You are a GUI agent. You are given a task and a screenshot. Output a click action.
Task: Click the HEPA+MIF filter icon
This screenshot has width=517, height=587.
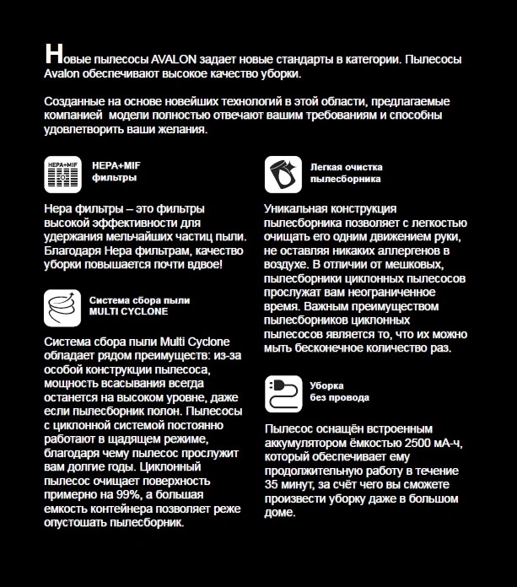[x=62, y=174]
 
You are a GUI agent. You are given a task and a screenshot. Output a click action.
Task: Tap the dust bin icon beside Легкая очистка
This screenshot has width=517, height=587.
[x=283, y=174]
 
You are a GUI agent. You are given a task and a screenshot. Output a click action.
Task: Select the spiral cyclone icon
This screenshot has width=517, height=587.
[x=62, y=305]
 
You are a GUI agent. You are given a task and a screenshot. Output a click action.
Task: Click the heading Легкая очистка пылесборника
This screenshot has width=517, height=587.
[x=346, y=173]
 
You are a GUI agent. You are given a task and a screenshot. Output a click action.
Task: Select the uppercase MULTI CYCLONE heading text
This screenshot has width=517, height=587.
[x=128, y=311]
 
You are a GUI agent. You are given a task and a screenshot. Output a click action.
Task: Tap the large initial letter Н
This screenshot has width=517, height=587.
[x=54, y=57]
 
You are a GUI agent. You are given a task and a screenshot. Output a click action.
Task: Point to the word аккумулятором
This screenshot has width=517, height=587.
[x=309, y=444]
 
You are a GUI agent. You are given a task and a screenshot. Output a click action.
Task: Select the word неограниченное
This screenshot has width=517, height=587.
[x=387, y=292]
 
